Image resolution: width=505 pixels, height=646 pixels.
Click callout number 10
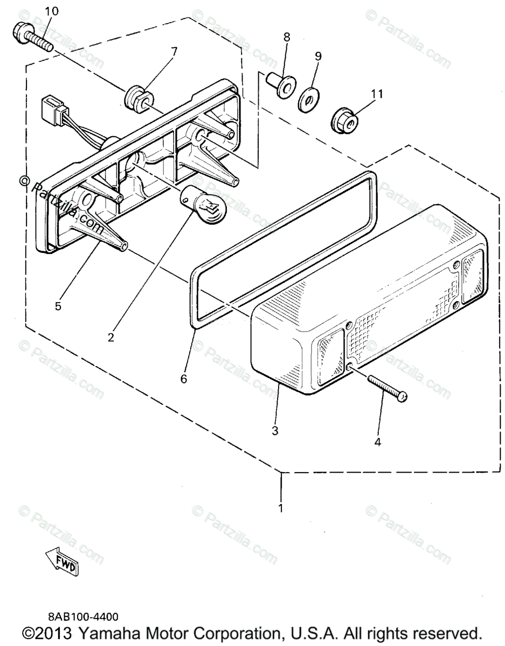[52, 11]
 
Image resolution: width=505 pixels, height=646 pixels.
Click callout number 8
[286, 37]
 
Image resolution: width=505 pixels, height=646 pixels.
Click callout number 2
[110, 338]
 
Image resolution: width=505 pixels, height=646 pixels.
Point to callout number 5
[58, 306]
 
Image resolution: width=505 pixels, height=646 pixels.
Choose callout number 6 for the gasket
[183, 378]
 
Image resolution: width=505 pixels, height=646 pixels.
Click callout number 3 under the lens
[275, 431]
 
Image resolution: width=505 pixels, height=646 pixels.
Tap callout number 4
[377, 442]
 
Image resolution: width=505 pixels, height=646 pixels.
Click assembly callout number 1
[280, 508]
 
